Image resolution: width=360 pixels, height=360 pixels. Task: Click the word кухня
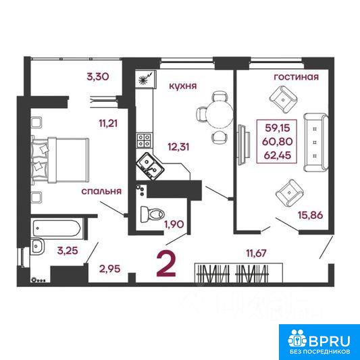pos(183,86)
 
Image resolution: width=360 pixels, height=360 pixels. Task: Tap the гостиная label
pos(297,77)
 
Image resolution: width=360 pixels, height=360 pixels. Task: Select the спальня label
pos(101,191)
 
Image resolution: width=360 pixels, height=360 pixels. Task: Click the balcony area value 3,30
pos(97,77)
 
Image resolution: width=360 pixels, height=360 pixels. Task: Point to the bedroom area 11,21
pos(108,124)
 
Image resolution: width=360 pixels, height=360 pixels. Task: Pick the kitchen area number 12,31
pos(178,147)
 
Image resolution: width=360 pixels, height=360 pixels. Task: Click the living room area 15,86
pos(311,215)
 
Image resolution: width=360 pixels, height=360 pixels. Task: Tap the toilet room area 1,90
pos(174,224)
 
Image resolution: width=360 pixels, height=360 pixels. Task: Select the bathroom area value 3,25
pos(68,251)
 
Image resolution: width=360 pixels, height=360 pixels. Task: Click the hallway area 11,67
pos(256,253)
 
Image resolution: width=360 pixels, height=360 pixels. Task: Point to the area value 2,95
pos(109,269)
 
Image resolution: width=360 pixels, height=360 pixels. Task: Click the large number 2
pos(166,264)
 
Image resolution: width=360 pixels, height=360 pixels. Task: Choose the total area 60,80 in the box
pos(278,141)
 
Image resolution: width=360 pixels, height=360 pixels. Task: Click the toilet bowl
pos(152,214)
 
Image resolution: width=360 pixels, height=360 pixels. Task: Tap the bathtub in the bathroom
pos(57,228)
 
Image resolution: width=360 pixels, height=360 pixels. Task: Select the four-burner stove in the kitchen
pos(144,140)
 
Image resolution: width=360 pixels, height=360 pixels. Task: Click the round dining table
pos(220,114)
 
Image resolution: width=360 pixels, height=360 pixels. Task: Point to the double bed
pos(60,161)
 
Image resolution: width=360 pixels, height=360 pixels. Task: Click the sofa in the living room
pos(316,143)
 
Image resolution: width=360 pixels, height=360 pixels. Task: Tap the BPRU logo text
pos(329,341)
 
